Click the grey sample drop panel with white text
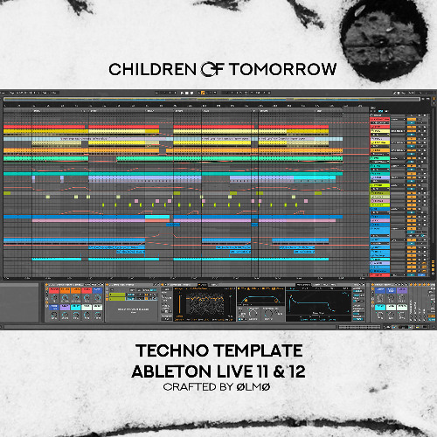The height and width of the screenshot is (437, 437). [132, 306]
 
